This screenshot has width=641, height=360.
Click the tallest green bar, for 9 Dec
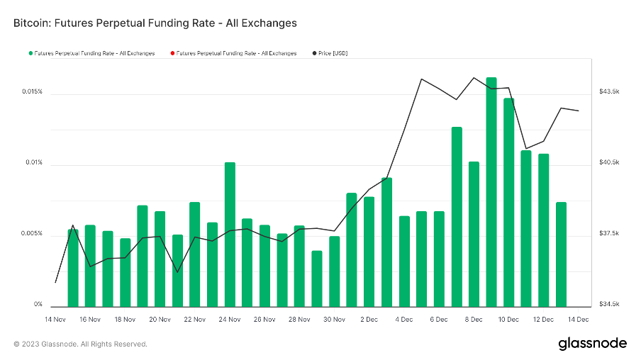491,191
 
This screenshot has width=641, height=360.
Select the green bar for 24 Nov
230,234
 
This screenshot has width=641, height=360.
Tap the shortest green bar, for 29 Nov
317,278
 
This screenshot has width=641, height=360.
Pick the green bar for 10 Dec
509,202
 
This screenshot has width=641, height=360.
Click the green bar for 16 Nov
90,265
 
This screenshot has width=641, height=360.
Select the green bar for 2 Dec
369,251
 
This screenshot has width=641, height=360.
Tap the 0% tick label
38,305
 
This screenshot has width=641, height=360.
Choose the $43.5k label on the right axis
609,92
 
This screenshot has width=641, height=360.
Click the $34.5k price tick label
609,305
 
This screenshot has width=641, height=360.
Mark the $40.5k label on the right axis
609,163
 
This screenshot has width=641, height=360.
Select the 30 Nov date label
334,320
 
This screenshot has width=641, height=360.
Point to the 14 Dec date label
579,320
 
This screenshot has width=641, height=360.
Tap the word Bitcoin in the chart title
31,23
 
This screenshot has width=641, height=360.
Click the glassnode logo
592,344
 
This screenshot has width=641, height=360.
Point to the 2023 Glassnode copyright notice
81,344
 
